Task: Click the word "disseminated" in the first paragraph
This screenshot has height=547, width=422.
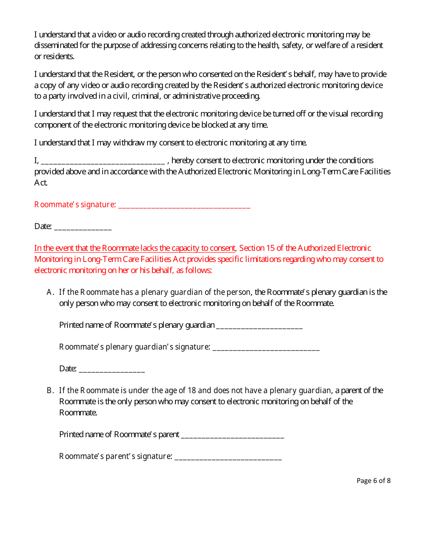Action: click(56, 45)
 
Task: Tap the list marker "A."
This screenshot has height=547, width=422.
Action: click(50, 292)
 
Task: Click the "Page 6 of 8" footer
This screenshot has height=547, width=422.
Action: click(373, 481)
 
